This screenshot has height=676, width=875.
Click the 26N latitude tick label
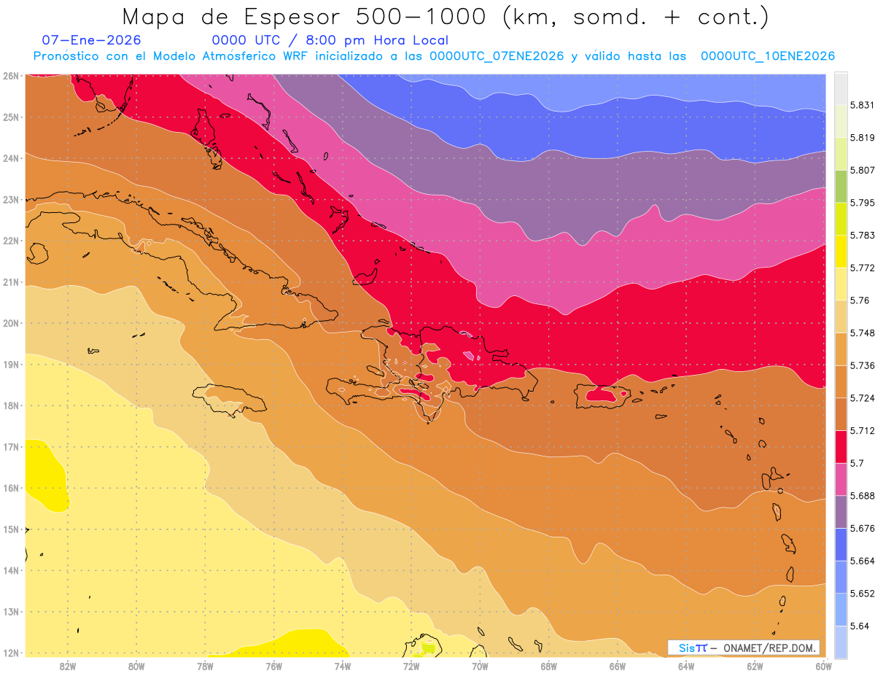click(x=11, y=76)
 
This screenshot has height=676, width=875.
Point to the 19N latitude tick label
click(x=11, y=364)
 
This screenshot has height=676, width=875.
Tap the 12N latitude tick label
click(x=11, y=653)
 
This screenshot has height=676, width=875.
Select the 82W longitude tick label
click(x=68, y=665)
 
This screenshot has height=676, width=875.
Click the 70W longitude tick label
click(x=480, y=665)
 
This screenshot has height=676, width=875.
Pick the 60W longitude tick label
click(x=823, y=665)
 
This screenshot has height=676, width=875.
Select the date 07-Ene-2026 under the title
click(x=92, y=40)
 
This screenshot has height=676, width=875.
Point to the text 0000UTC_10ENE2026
click(x=767, y=56)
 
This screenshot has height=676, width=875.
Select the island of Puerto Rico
click(x=602, y=396)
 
